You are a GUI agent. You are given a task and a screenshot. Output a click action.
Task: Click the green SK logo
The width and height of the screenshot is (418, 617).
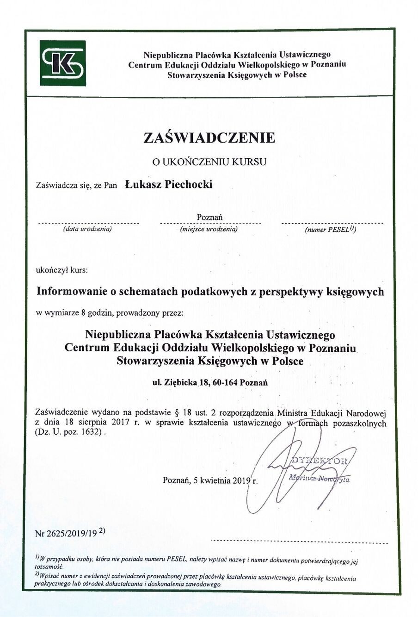tap(63, 63)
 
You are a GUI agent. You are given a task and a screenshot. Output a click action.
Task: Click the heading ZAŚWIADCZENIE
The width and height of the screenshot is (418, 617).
tap(209, 137)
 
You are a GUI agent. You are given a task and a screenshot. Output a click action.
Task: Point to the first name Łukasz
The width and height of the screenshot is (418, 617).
tap(141, 184)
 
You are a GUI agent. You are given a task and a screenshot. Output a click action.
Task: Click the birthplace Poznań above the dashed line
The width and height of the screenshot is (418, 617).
tap(210, 217)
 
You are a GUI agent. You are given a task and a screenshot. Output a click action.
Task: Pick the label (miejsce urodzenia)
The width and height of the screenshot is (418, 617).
tap(209, 229)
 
